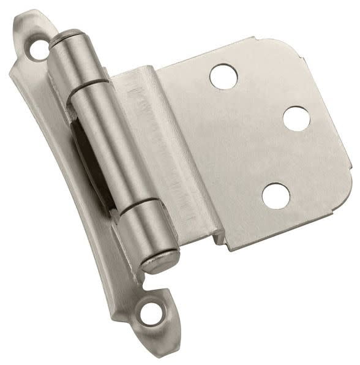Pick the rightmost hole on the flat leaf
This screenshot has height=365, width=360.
(x=296, y=118)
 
